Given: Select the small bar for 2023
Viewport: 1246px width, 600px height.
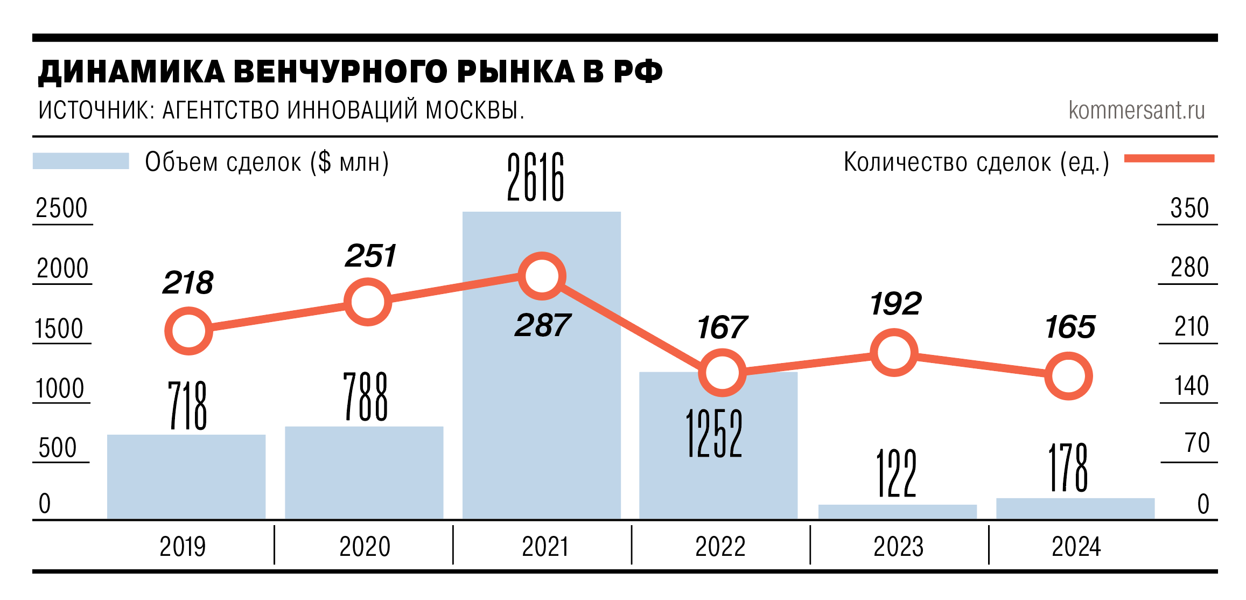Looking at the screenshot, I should [x=897, y=512].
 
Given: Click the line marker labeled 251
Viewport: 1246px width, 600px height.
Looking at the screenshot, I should [x=367, y=302].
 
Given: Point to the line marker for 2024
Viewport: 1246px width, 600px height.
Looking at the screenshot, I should [x=1068, y=376].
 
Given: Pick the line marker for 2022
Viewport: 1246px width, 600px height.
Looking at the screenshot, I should [x=722, y=373].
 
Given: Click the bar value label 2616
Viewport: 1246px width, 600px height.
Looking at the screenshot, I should [x=536, y=177].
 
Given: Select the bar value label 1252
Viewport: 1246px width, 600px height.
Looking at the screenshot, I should [x=714, y=433].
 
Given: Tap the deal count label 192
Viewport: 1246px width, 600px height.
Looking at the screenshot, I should [x=895, y=304].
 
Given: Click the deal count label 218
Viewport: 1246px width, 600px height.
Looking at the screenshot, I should [x=188, y=283].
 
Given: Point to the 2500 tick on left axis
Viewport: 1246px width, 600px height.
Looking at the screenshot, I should [x=61, y=208].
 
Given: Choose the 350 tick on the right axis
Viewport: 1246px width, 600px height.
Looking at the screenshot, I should [x=1189, y=208].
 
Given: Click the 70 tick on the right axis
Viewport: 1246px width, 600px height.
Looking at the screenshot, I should [x=1197, y=443].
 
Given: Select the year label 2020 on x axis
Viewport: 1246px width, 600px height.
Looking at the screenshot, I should [x=365, y=547].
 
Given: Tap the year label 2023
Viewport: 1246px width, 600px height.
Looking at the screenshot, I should [x=898, y=547].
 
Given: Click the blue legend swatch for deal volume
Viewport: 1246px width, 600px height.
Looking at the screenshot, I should [x=81, y=161].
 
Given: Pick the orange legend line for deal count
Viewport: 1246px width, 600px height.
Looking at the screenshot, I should [x=1169, y=158].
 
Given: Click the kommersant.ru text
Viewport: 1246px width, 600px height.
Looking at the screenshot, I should [x=1136, y=110].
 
